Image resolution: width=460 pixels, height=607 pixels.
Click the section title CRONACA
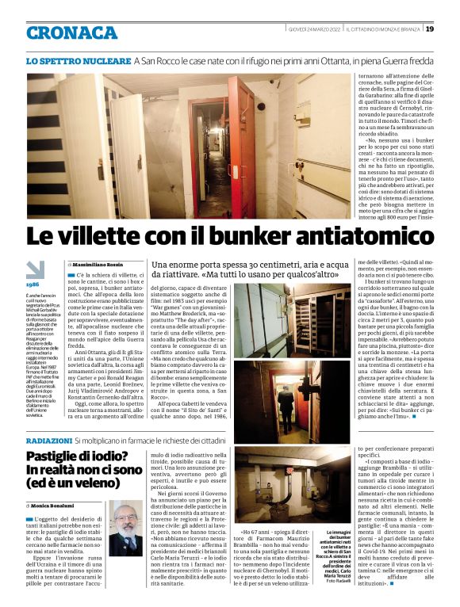(x=71, y=32)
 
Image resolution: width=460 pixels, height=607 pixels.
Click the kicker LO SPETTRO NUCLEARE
(x=78, y=60)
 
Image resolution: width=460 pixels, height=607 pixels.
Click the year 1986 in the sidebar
(x=33, y=284)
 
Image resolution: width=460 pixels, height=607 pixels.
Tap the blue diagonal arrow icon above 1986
(x=34, y=269)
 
